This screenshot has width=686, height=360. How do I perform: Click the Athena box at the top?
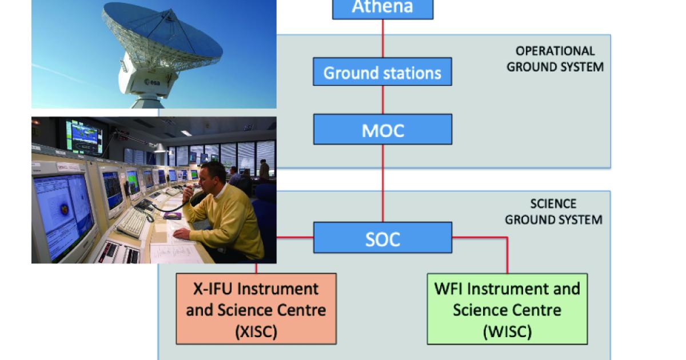click(x=382, y=9)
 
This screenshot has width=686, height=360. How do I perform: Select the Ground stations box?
click(x=382, y=72)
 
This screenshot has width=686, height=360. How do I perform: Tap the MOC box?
click(x=382, y=130)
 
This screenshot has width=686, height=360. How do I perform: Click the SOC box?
click(x=382, y=238)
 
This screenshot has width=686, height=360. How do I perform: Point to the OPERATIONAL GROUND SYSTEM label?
click(x=555, y=59)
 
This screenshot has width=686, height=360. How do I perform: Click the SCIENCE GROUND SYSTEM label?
click(x=553, y=211)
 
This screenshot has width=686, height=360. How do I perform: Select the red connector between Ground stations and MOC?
click(x=382, y=100)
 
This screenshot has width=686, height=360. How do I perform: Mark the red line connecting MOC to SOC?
click(x=382, y=183)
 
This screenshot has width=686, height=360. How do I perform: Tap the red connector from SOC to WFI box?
click(x=506, y=251)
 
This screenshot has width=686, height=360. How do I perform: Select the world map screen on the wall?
click(x=84, y=137)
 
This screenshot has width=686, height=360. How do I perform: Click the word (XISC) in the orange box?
click(x=256, y=331)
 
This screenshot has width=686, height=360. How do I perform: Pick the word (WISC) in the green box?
click(x=507, y=331)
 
